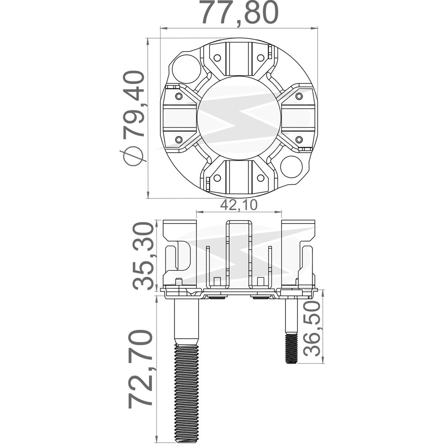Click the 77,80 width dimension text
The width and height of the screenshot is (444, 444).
point(239,13)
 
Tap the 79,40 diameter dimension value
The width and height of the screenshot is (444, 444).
point(134,104)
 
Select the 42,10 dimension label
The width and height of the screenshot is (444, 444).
point(239,205)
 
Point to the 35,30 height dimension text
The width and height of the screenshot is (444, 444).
point(143,256)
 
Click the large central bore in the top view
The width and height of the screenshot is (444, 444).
point(239,118)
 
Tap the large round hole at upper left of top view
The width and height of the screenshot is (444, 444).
point(186,69)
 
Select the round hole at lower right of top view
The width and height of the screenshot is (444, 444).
point(292,167)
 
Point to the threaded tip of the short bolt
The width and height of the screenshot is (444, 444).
point(291,348)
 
